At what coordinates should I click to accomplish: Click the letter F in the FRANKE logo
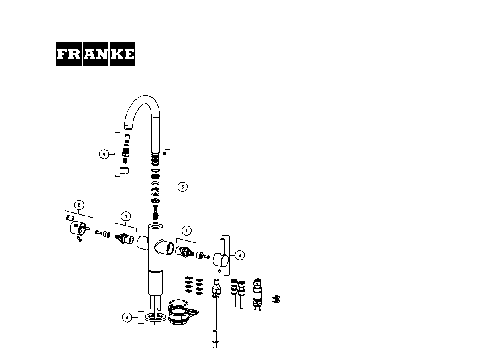pos(61,54)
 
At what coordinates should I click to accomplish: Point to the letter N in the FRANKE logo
pos(102,54)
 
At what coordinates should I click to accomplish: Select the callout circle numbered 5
pos(182,187)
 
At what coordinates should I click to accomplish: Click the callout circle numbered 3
pos(79,205)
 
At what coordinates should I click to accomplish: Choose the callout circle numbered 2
pos(239,255)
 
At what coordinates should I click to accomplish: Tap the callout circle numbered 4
pos(127,317)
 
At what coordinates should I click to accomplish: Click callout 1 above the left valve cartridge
pos(126,216)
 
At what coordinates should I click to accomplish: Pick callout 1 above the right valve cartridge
pos(186,230)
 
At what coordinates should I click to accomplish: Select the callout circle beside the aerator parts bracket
pos(104,154)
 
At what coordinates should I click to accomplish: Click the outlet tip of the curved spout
pos(128,127)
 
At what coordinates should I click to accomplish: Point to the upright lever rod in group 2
pos(223,246)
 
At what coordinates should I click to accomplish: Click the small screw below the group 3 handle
pos(79,239)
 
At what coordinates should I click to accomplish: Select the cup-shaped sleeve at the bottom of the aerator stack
pos(124,170)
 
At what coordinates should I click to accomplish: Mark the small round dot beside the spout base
pos(165,154)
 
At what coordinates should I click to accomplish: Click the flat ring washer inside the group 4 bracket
pos(155,317)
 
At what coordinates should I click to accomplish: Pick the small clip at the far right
pos(276,299)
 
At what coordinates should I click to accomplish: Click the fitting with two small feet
pos(257,294)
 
